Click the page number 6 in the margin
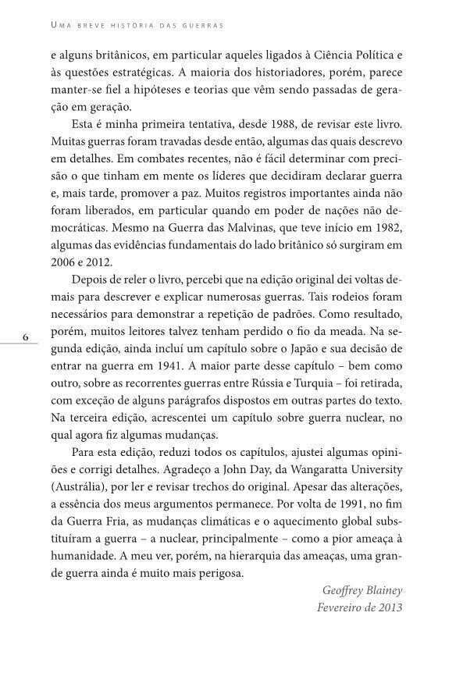click(x=26, y=337)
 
